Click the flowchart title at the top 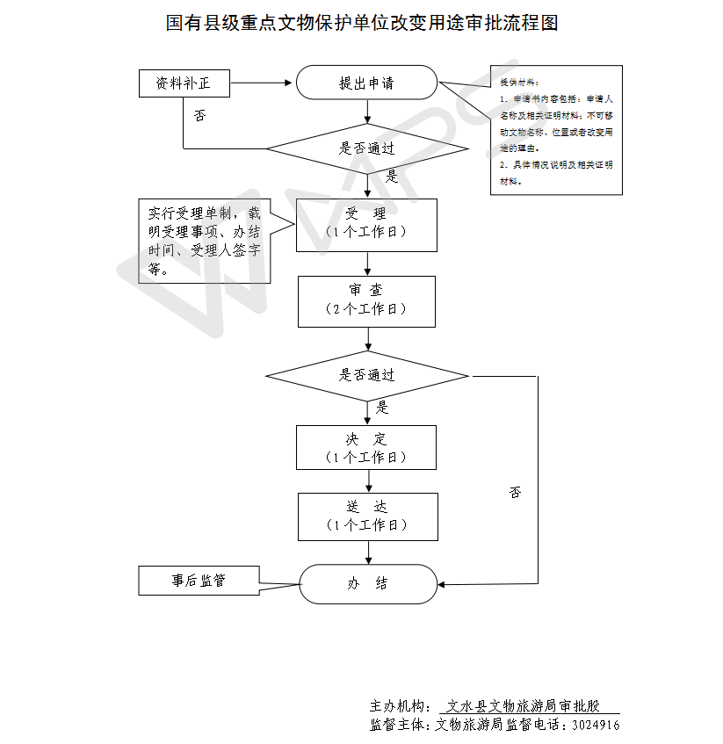tap(362, 23)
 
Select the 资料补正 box tap(184, 83)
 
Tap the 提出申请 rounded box tap(366, 83)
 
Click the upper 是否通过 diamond tap(367, 148)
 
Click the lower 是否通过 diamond tap(367, 375)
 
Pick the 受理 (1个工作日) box tap(366, 223)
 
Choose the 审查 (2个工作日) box tap(366, 300)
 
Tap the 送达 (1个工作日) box tap(367, 516)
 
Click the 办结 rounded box tap(367, 583)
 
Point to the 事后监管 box tap(199, 581)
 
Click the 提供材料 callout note tap(556, 130)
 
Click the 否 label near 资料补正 tap(199, 116)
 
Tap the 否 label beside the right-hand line tap(515, 493)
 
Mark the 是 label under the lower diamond tap(382, 408)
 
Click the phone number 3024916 tap(596, 726)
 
